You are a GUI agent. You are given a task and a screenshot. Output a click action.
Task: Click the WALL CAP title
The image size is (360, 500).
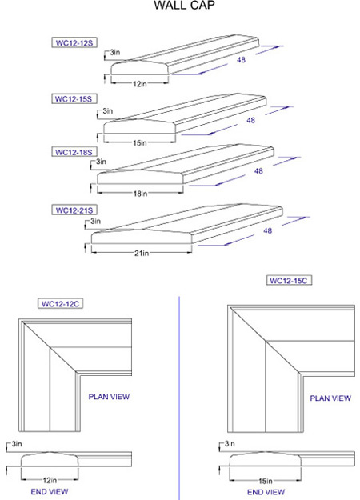coord(184,5)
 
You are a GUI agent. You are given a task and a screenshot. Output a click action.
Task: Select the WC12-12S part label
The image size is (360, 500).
coord(74,42)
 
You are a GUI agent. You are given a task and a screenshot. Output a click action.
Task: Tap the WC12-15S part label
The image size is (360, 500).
coord(74,98)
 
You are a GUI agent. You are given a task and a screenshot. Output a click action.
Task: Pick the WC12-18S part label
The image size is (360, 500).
coord(74,152)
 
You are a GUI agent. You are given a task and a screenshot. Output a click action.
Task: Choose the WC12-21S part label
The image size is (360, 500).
coord(74,210)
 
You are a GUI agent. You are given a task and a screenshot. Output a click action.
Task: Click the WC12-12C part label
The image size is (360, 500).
coord(60,303)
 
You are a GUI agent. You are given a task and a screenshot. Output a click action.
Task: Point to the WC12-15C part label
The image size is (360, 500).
coord(289,280)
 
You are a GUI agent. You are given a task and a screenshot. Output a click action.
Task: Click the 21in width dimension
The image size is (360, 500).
coord(142,253)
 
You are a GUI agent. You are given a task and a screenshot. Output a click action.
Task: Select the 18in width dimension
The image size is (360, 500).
coord(140,194)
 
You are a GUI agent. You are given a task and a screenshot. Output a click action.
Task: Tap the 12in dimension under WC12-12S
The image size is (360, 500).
coord(140,84)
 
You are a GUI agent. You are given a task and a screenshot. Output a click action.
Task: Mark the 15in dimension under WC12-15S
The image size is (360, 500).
coord(140,143)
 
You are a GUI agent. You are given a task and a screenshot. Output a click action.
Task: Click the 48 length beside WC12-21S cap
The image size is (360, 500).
coord(267,230)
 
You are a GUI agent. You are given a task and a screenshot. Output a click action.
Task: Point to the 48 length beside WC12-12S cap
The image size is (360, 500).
coord(241,60)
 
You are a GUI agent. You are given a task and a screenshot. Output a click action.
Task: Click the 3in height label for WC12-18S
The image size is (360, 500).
coord(101,162)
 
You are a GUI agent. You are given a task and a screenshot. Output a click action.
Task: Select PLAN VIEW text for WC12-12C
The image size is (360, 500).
coord(109,397)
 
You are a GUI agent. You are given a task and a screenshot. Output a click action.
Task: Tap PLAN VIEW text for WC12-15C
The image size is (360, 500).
coord(330,398)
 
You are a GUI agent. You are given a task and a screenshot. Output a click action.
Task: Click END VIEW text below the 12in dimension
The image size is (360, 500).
coord(50,492)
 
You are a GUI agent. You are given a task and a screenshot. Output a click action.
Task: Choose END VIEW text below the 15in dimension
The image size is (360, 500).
coord(266,492)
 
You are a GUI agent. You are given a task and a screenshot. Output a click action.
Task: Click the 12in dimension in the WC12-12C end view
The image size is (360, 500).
coord(50,480)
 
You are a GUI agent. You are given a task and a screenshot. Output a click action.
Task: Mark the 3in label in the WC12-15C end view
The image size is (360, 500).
coord(230,443)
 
